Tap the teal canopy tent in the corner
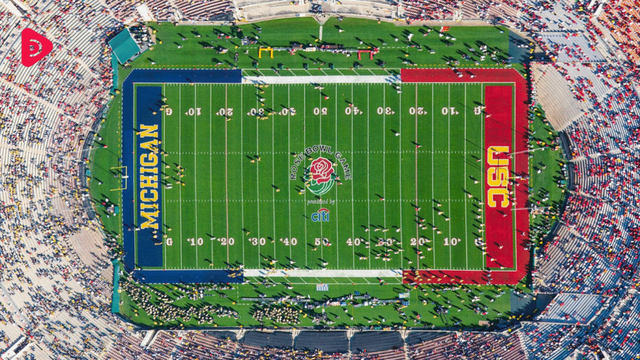(124, 45)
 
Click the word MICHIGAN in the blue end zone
(149, 177)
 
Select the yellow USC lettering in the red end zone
(498, 177)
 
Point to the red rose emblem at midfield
(321, 171)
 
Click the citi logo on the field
(320, 216)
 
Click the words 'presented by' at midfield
(321, 202)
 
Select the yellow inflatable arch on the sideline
(266, 52)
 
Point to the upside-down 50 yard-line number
(320, 111)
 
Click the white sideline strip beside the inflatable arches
(321, 79)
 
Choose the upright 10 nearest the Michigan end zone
(196, 241)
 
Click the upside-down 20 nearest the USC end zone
(417, 111)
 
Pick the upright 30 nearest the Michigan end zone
(257, 241)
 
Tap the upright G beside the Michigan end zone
(169, 241)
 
